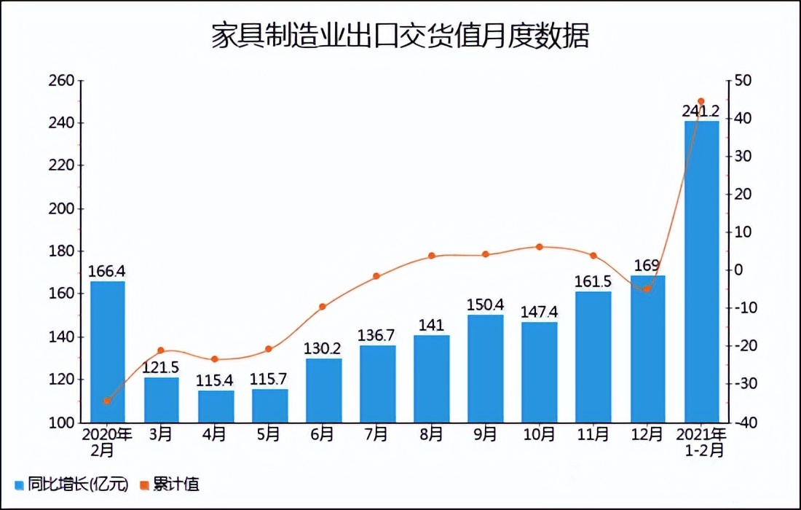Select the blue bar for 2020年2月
(108, 352)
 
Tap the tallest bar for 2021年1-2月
(701, 271)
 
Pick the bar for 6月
(323, 391)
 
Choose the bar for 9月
(485, 369)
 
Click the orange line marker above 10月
(540, 247)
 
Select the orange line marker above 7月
(376, 276)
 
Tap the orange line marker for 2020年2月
(107, 401)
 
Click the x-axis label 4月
(215, 435)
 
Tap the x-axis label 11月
(593, 435)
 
